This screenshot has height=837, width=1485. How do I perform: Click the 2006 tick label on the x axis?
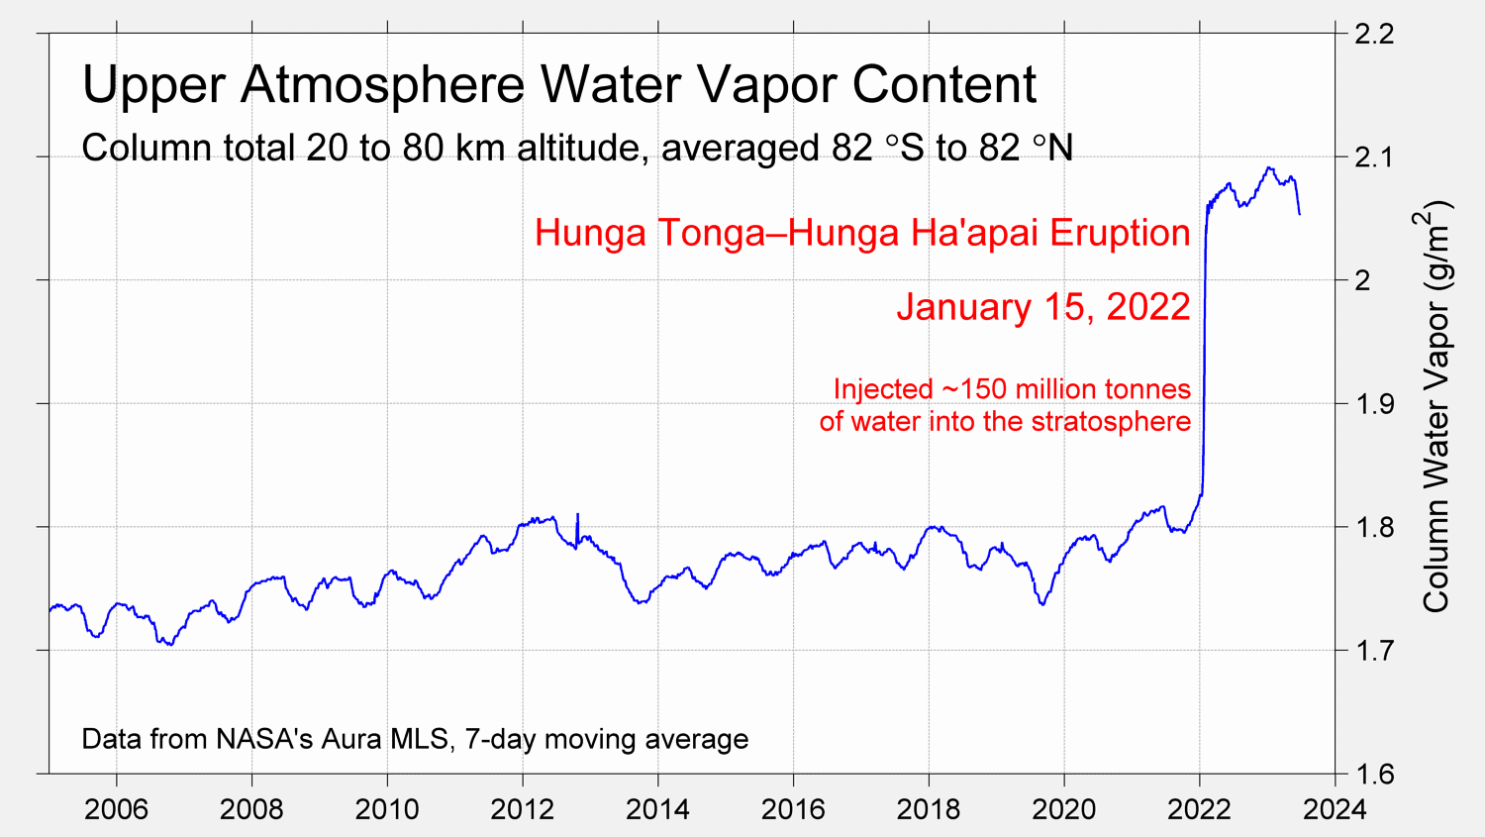[x=116, y=809]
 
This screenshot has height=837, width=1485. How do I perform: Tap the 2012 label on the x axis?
[x=522, y=809]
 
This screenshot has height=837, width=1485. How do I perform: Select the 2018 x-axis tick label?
[x=928, y=809]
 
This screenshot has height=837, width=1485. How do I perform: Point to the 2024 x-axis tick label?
[x=1334, y=809]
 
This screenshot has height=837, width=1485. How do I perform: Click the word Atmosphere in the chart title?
[x=382, y=85]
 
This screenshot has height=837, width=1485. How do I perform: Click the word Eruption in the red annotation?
[x=1120, y=233]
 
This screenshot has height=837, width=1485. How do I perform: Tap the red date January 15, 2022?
[x=1043, y=307]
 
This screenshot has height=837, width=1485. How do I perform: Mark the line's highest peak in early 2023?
[x=1269, y=167]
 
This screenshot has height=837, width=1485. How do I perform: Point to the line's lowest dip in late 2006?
[x=169, y=645]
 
